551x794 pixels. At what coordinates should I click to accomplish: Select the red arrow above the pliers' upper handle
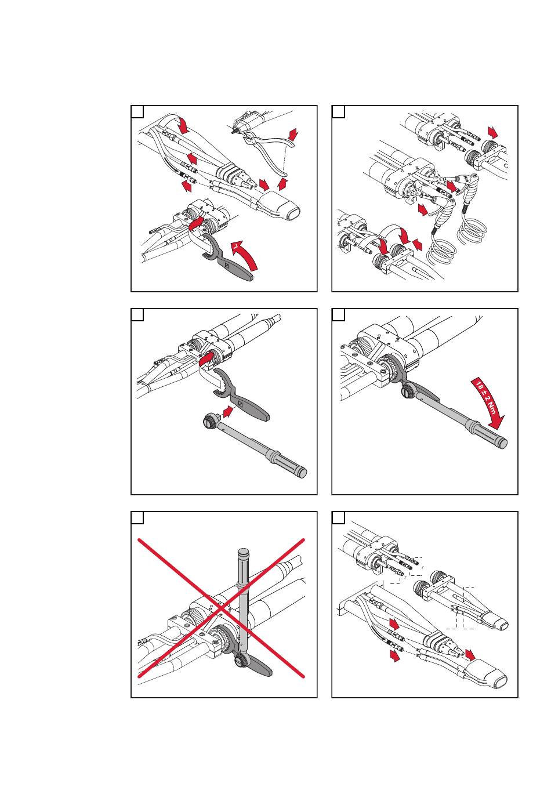click(292, 135)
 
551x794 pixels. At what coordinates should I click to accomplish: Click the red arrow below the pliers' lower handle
click(283, 184)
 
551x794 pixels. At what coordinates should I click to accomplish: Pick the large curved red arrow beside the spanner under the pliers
click(244, 255)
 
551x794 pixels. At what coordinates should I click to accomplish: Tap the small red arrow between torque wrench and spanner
click(229, 412)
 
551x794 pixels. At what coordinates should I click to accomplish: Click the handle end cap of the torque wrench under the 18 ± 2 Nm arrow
click(503, 444)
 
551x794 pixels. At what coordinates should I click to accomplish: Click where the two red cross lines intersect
click(221, 608)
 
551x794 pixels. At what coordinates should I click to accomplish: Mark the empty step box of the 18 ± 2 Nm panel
click(338, 314)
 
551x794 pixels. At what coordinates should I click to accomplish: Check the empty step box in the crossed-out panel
click(137, 517)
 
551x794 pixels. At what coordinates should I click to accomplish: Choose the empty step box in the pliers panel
click(137, 111)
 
